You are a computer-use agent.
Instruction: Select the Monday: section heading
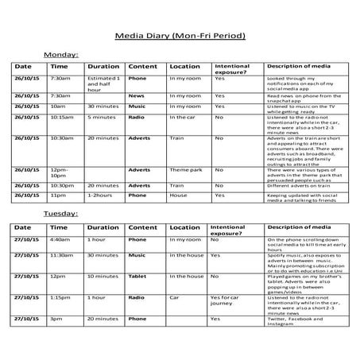pyautogui.click(x=60, y=54)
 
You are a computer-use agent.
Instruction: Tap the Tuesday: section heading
pyautogui.click(x=60, y=214)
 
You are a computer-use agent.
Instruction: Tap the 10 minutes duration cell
pyautogui.click(x=103, y=276)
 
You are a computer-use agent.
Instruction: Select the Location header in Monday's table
pyautogui.click(x=184, y=66)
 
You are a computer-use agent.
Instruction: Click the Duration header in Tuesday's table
pyautogui.click(x=103, y=227)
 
